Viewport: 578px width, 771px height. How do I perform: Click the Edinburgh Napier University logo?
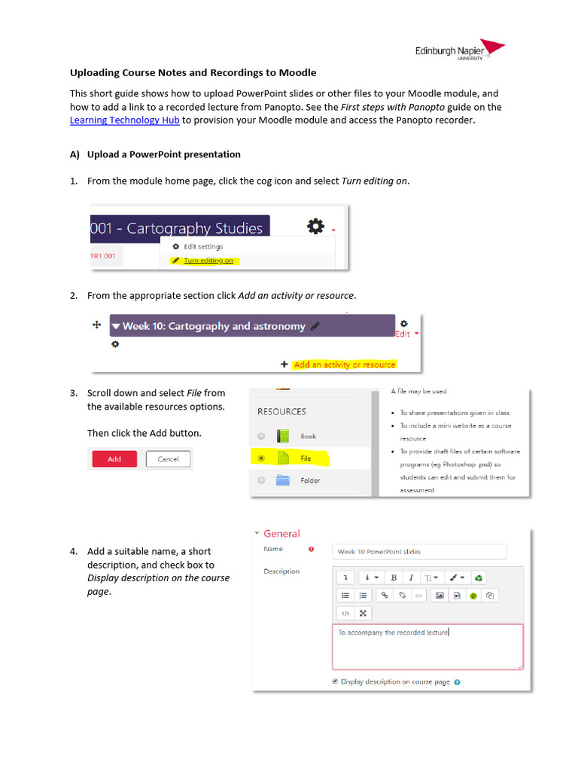[459, 50]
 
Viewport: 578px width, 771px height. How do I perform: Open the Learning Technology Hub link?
[114, 120]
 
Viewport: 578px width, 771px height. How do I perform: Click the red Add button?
[114, 459]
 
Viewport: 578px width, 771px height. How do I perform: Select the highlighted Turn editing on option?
[208, 261]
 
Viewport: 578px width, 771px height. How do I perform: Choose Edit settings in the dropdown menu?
[202, 246]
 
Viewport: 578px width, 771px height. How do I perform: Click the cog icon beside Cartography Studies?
[315, 227]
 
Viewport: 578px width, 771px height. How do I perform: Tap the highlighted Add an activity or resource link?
[345, 364]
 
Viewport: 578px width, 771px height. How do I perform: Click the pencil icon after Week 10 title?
[315, 326]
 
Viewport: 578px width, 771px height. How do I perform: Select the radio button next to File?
[261, 458]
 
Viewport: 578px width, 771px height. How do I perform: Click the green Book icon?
[283, 436]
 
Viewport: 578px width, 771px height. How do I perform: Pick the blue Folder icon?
[283, 480]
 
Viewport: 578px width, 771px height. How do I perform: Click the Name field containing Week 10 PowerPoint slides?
[419, 552]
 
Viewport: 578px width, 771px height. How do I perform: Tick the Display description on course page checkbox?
[335, 681]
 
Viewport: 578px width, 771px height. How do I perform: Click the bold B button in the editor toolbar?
[394, 577]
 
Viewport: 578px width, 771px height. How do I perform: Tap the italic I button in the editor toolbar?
[411, 577]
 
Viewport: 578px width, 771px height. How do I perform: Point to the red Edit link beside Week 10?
[404, 334]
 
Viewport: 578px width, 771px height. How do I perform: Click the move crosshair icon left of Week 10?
[96, 325]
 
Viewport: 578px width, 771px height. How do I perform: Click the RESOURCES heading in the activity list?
[281, 412]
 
